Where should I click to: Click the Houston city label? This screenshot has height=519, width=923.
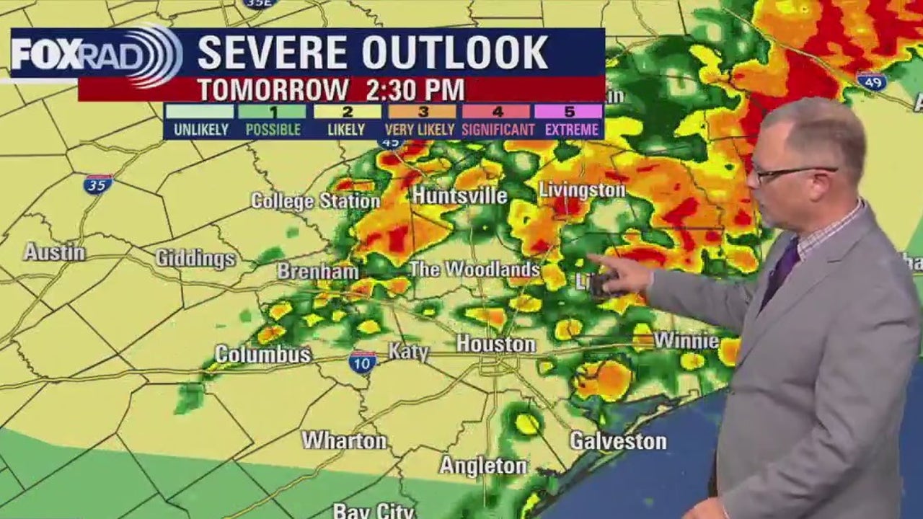coord(495,345)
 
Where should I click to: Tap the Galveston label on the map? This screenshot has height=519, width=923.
coord(618,441)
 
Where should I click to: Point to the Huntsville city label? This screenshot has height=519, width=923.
coord(459,195)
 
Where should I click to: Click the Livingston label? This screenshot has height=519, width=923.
coord(582,190)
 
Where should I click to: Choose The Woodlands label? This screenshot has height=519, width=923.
coord(474,270)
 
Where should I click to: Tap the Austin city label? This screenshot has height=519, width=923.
coord(54,252)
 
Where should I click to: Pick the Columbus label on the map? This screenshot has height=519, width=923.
coord(263,355)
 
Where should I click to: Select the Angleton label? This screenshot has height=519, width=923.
coord(483,466)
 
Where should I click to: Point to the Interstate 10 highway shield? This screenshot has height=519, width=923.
coord(362,361)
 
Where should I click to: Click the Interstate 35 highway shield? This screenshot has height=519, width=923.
coord(98,185)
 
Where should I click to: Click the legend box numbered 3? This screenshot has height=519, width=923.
coord(423,112)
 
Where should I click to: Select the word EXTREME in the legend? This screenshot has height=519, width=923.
coord(572,130)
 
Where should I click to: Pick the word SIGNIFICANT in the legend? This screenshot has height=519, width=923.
coord(498,130)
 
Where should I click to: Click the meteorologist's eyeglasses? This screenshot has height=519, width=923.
coord(791,172)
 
